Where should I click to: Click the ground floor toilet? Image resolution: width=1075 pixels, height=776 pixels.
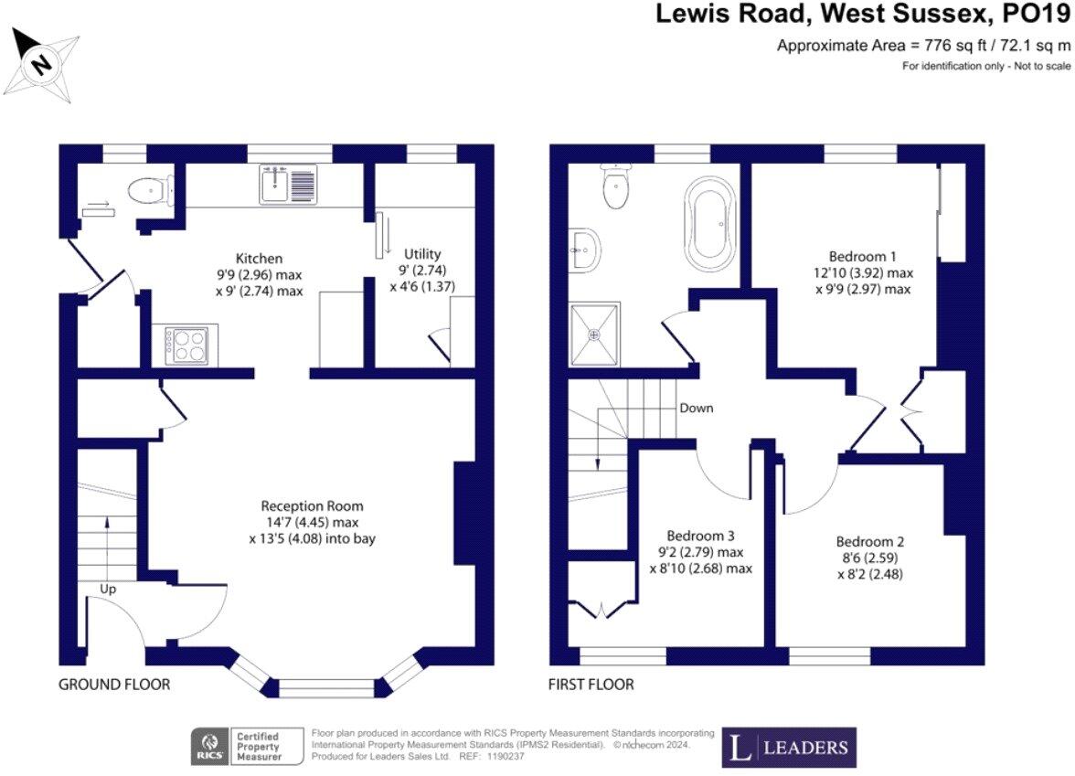click(x=146, y=191)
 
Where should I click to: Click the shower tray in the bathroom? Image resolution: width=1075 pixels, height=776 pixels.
click(x=595, y=335)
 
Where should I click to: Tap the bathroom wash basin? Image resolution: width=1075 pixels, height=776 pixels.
click(x=582, y=250)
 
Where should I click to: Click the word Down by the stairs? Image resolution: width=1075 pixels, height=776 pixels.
click(x=696, y=408)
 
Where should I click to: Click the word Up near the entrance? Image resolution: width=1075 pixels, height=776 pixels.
click(x=108, y=590)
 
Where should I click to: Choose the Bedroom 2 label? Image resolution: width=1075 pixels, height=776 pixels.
click(x=857, y=541)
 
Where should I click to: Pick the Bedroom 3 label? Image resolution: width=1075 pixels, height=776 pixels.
click(x=700, y=536)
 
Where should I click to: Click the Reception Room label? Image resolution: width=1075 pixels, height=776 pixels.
click(x=312, y=505)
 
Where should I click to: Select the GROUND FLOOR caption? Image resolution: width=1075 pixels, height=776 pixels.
click(x=114, y=684)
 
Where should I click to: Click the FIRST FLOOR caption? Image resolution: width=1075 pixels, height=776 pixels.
click(x=591, y=684)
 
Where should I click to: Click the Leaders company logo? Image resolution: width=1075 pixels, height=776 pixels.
click(x=789, y=747)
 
